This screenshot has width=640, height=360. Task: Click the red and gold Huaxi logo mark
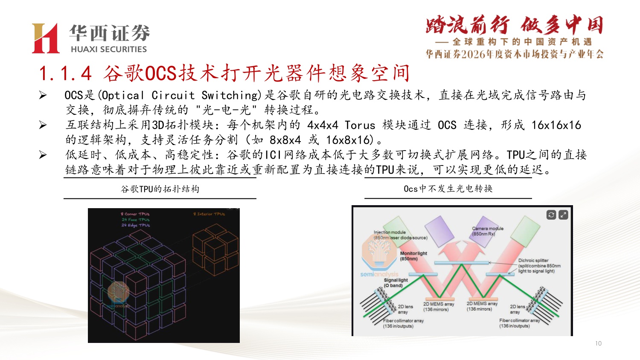click(x=45, y=38)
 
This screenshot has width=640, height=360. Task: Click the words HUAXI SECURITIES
click(x=109, y=49)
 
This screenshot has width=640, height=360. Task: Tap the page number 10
click(x=598, y=343)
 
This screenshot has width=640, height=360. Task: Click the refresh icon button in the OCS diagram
click(x=551, y=215)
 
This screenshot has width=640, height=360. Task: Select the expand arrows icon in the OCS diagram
click(x=563, y=215)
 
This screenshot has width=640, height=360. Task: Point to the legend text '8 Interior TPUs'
click(x=209, y=214)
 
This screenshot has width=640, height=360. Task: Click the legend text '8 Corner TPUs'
click(x=135, y=214)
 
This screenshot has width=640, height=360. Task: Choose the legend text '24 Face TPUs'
click(x=136, y=220)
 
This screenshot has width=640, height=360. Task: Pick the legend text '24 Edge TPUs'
click(x=136, y=225)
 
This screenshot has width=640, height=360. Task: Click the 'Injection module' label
click(x=390, y=232)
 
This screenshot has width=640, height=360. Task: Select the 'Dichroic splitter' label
click(x=533, y=260)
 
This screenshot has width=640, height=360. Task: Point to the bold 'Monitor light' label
click(x=413, y=253)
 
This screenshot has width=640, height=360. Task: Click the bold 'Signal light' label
click(x=396, y=280)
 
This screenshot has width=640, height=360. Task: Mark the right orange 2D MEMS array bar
click(x=482, y=299)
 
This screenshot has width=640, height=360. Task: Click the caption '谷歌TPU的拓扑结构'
click(x=160, y=189)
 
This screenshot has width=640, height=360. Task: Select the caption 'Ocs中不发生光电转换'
click(x=448, y=189)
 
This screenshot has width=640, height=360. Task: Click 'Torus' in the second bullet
click(x=360, y=125)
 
